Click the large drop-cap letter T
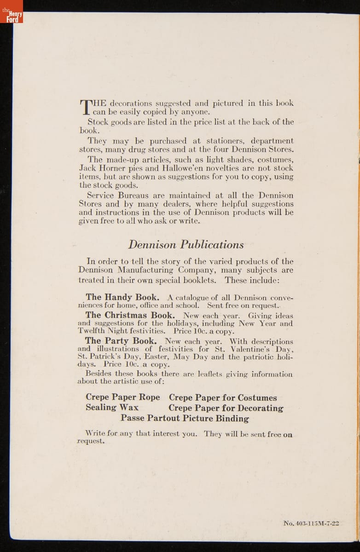86,106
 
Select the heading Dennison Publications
186,244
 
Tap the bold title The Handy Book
122,297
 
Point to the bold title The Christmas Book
130,315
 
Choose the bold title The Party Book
121,341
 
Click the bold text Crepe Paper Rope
123,397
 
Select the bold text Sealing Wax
112,408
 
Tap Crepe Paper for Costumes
223,397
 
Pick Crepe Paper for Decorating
226,408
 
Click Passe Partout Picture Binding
185,419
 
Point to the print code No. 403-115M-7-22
311,523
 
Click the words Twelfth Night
107,331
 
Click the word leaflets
210,374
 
